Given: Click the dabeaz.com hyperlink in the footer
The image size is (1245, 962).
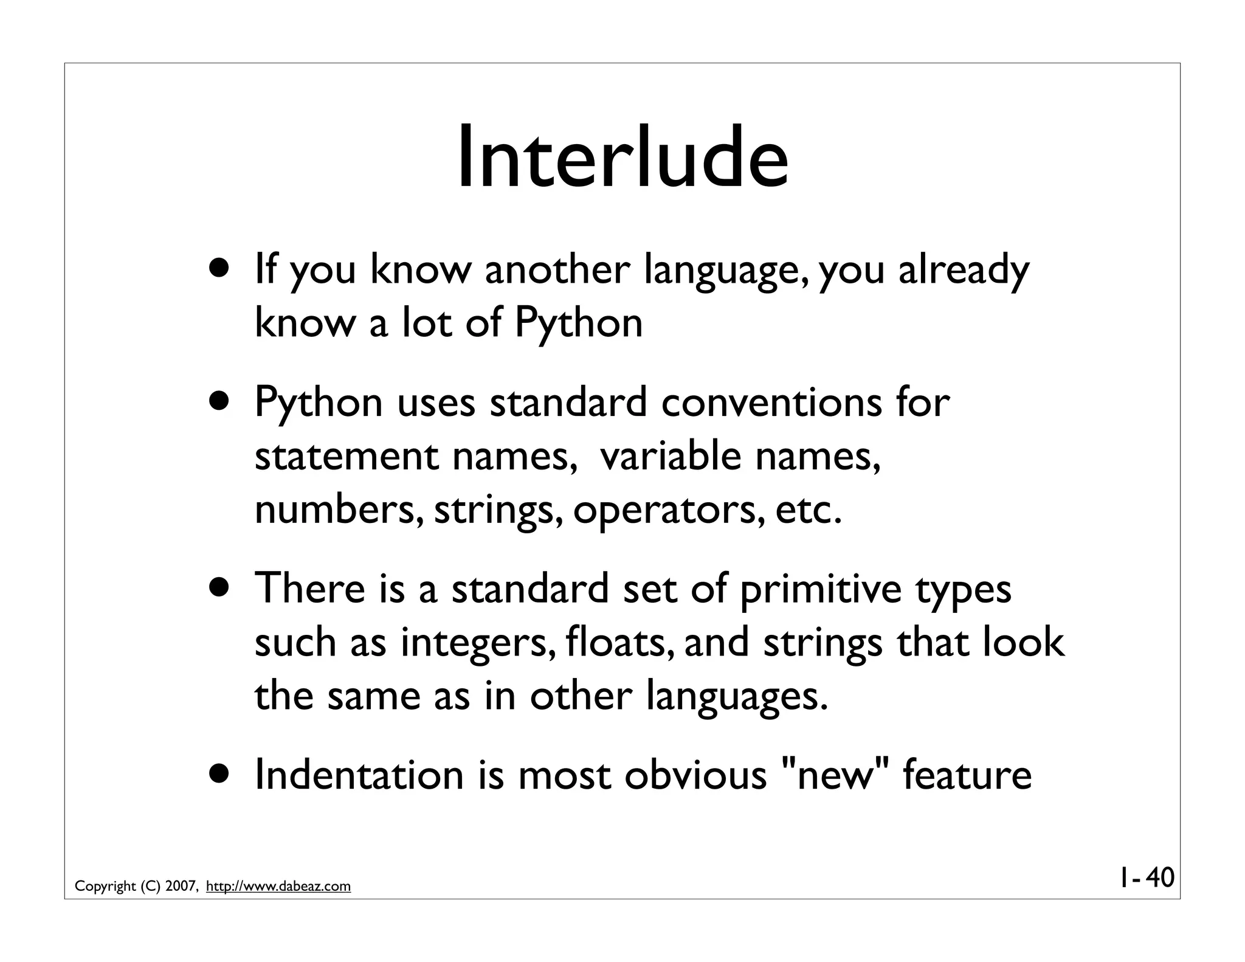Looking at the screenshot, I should click(x=278, y=887).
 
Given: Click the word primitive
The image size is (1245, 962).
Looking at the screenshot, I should click(x=821, y=590).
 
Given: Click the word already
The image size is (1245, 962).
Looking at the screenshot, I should click(x=964, y=271).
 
